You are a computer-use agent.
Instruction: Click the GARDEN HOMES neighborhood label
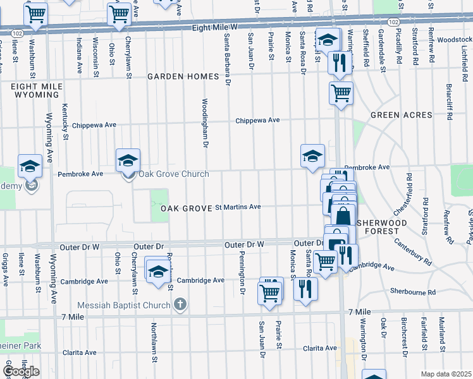[x=183, y=76]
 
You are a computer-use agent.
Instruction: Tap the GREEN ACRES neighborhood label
[x=401, y=115]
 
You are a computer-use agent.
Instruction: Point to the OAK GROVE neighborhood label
[x=185, y=208]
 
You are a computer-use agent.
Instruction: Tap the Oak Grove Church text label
[x=164, y=174]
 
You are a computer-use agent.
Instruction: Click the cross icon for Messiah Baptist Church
[x=180, y=305]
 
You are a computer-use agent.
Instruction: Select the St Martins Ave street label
[x=238, y=207]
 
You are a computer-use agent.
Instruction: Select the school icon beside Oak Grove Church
[x=128, y=160]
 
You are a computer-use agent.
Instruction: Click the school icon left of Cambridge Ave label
[x=157, y=271]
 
